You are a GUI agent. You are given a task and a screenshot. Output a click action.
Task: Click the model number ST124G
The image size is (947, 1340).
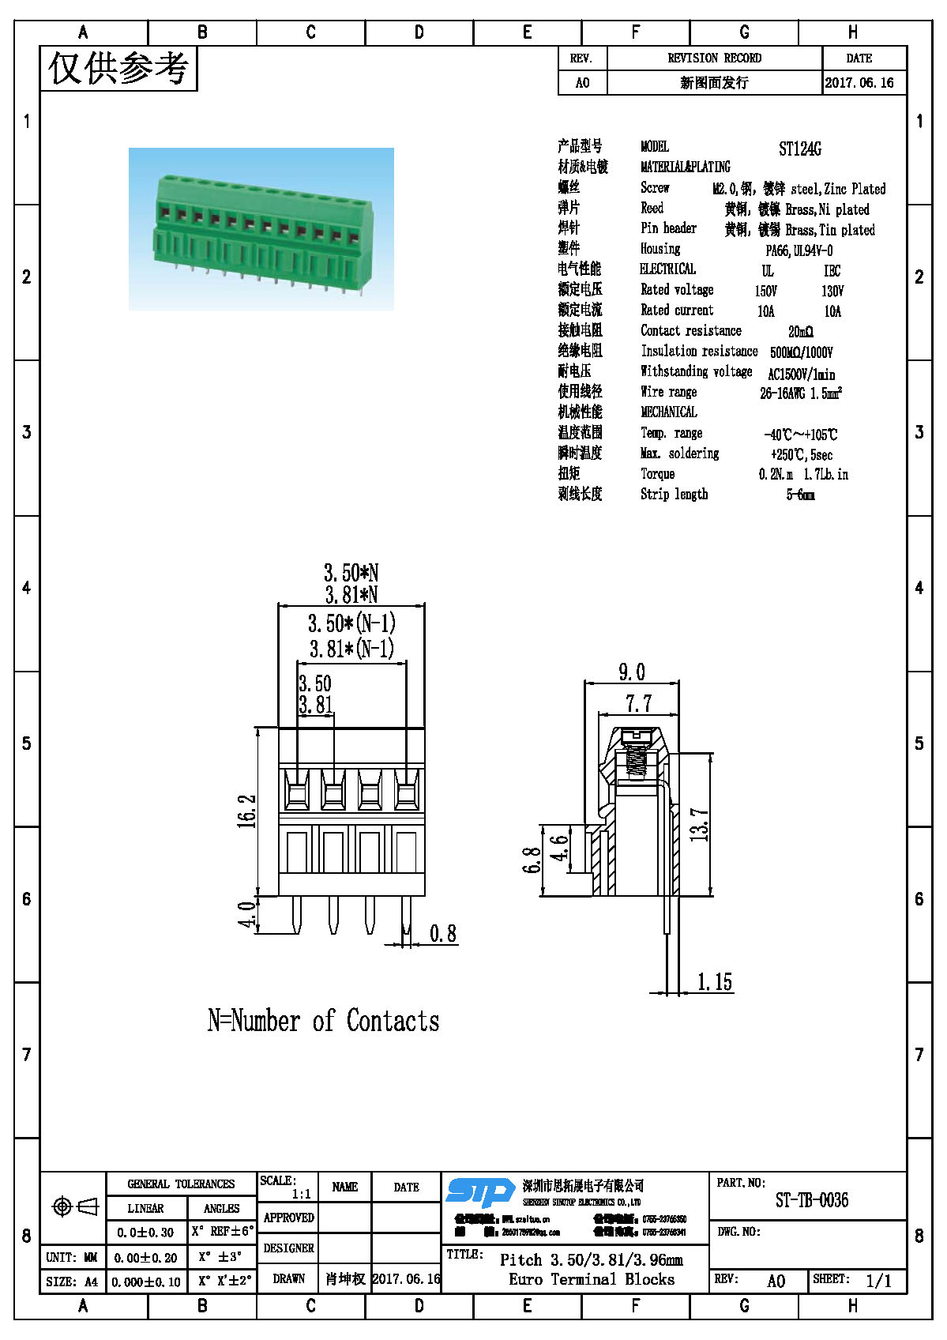(799, 149)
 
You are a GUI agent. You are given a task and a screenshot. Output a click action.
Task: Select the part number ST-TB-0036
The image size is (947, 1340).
(811, 1200)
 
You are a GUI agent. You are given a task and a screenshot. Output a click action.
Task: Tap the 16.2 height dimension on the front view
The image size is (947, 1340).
(247, 811)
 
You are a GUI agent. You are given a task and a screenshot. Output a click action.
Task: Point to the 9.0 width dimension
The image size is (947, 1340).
(631, 672)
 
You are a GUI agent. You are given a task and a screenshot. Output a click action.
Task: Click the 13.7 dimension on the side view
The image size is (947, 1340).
(700, 824)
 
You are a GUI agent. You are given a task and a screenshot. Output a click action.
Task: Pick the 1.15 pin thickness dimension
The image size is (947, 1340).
(714, 982)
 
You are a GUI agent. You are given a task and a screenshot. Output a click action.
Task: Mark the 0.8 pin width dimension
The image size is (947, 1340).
(443, 934)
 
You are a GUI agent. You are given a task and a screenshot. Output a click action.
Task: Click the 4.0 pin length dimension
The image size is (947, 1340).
(247, 915)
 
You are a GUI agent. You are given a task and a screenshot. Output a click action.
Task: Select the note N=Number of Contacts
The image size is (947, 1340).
(323, 1021)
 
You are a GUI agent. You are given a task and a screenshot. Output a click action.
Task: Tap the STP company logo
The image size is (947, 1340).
(480, 1191)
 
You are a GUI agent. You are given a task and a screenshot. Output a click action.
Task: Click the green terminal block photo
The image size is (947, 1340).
(261, 228)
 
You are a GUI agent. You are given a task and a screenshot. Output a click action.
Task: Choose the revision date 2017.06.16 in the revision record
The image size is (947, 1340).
(859, 83)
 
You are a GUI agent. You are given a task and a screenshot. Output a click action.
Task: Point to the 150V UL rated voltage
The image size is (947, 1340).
(765, 291)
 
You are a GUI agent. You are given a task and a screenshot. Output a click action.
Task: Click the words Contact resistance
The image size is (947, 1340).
(691, 331)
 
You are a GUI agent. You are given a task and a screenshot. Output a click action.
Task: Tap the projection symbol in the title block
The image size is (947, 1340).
(74, 1206)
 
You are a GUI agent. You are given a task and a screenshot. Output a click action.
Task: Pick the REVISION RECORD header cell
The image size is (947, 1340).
(714, 58)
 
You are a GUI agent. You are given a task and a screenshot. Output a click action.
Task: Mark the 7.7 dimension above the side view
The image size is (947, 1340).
(638, 703)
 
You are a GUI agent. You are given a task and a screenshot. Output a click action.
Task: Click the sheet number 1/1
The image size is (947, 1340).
(878, 1281)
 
